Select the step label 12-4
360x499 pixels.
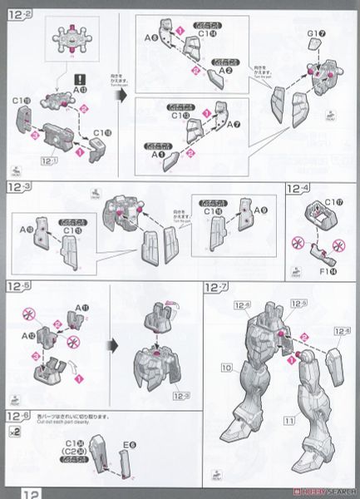pos(298,190)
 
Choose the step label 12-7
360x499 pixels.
pos(218,287)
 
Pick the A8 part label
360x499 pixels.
pos(150,38)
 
